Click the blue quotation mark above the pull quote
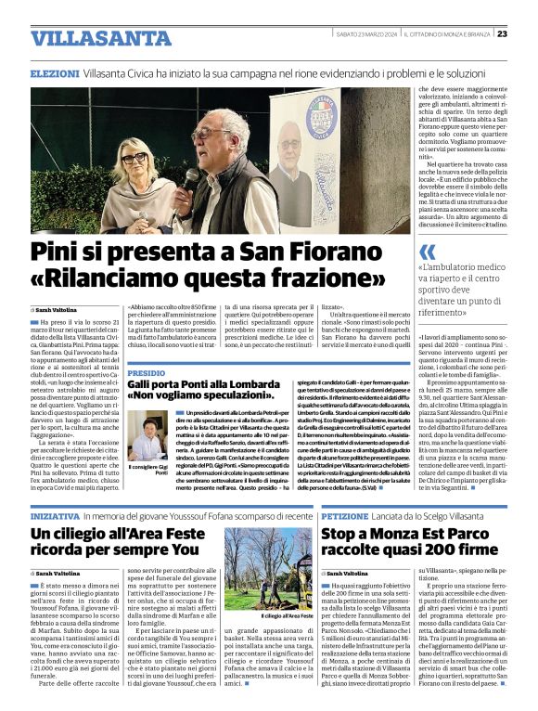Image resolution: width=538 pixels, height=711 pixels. [427, 252]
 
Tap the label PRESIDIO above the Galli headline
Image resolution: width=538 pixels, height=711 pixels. [147, 346]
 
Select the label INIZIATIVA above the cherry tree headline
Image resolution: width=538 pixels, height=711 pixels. [55, 513]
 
